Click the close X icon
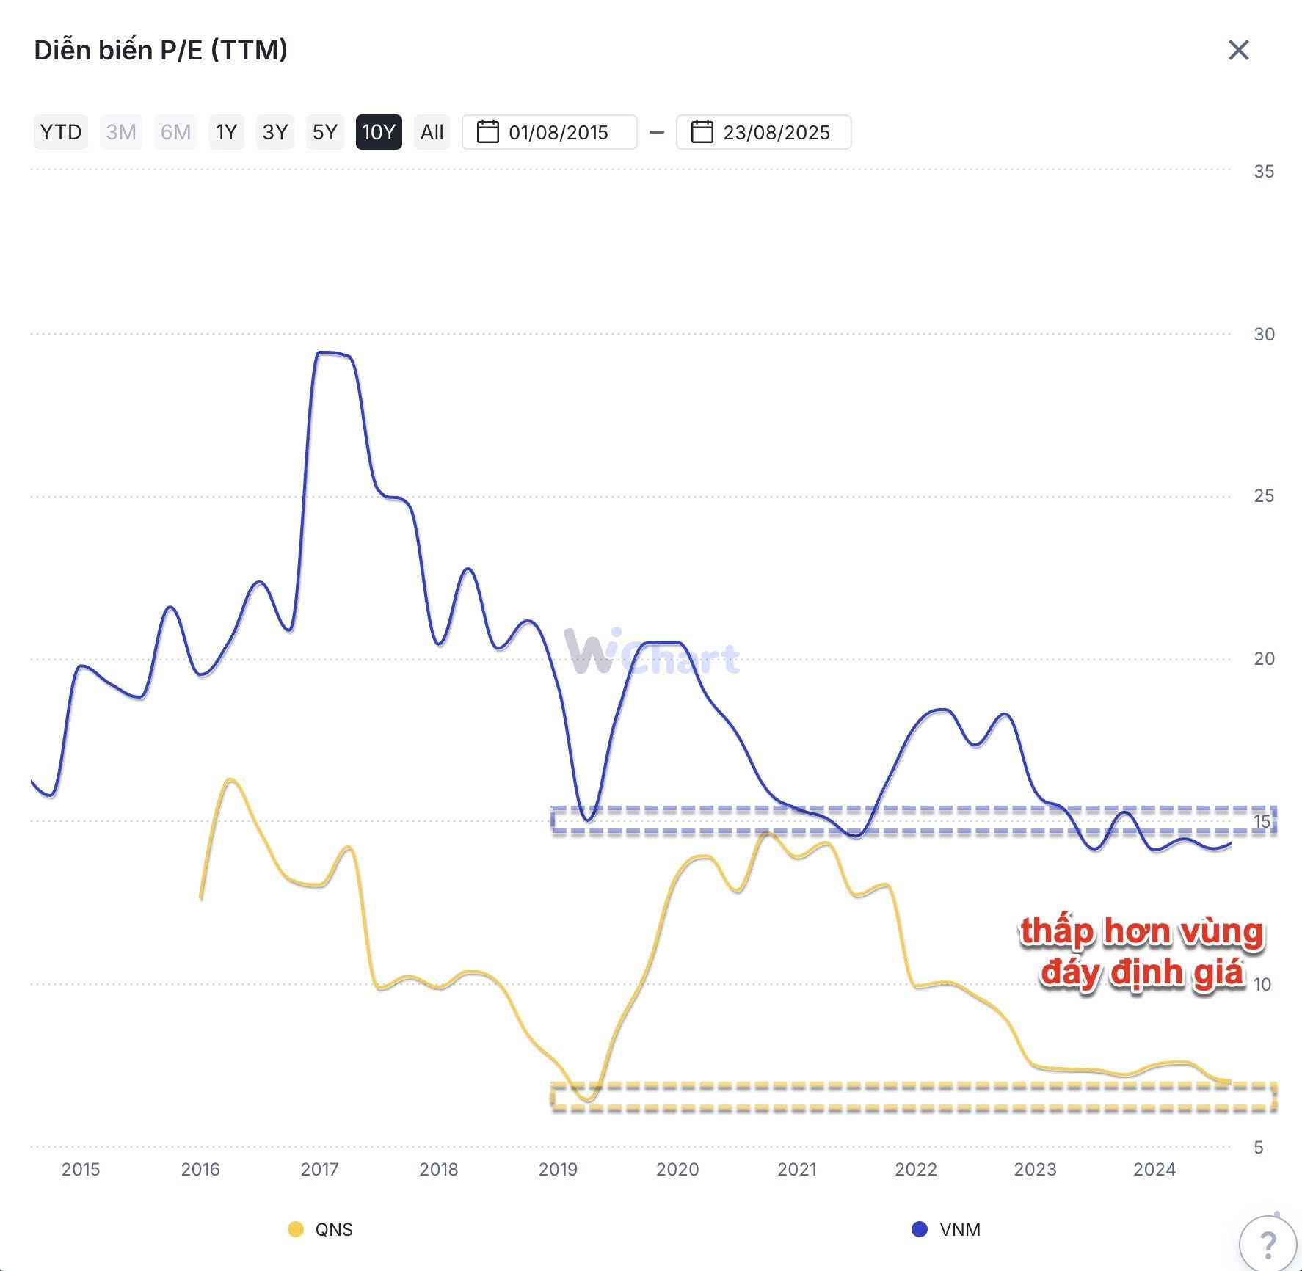[1238, 50]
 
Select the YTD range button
[61, 132]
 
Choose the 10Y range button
[379, 132]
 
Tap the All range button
[432, 132]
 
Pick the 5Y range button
[324, 132]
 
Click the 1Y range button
[226, 132]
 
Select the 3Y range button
[274, 132]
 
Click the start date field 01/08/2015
[550, 132]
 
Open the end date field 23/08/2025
[764, 132]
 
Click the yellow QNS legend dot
[296, 1229]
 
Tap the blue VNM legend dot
[919, 1229]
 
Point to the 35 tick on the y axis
[1264, 172]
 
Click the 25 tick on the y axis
[1264, 496]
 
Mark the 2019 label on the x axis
[558, 1169]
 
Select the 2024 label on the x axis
[1154, 1169]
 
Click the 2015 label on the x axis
[81, 1169]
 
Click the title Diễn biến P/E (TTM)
[161, 50]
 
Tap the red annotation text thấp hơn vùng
[1141, 932]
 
